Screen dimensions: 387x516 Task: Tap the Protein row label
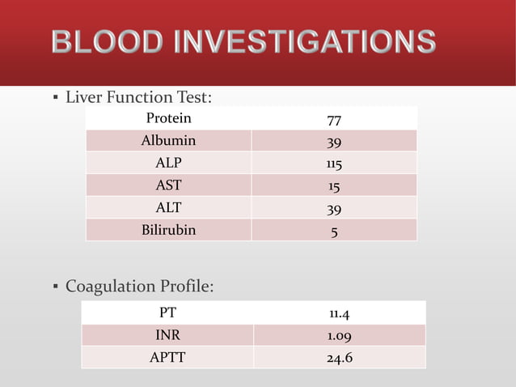tap(168, 118)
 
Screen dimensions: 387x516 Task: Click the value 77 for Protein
tap(333, 120)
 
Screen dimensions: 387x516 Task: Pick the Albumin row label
tap(168, 140)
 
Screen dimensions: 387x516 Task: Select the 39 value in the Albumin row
tap(333, 142)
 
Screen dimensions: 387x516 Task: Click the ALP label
tap(168, 163)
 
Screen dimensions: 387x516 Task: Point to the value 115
tap(333, 164)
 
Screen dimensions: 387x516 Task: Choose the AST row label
tap(168, 185)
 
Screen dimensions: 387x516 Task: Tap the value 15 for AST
tap(333, 187)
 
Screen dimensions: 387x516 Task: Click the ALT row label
tap(168, 207)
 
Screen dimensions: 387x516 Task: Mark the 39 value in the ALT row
tap(333, 209)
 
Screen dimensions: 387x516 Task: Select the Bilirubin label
tap(168, 230)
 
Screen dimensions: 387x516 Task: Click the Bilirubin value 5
tap(333, 232)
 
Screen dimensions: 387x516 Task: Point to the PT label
tap(168, 312)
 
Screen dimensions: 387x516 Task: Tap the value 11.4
tap(339, 313)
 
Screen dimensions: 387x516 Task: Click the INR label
tap(168, 334)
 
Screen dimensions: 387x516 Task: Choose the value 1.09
tap(339, 336)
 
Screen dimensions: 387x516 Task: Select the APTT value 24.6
tap(339, 357)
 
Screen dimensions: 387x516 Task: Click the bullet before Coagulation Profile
tap(54, 287)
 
